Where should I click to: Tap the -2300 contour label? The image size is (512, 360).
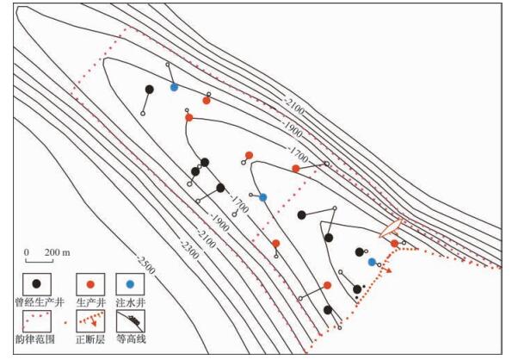(189, 250)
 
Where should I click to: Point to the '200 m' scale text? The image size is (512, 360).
(58, 252)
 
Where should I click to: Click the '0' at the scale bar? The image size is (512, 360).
(27, 252)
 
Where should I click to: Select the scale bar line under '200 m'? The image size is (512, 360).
(40, 261)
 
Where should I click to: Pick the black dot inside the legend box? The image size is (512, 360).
(36, 283)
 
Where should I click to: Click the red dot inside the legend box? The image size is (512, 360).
(90, 284)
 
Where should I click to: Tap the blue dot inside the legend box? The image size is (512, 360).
(130, 284)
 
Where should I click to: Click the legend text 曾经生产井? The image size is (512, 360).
(40, 302)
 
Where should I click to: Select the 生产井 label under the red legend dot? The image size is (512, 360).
(90, 302)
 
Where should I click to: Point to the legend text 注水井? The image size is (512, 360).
(131, 302)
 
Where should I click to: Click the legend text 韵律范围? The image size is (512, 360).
(35, 339)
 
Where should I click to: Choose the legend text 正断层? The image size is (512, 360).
(90, 339)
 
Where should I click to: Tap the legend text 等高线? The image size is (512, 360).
(131, 339)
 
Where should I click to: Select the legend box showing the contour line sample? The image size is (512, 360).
(131, 320)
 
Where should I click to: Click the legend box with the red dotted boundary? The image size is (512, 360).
(36, 320)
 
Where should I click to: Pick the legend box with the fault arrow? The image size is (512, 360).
(90, 320)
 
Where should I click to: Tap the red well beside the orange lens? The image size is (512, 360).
(394, 244)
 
